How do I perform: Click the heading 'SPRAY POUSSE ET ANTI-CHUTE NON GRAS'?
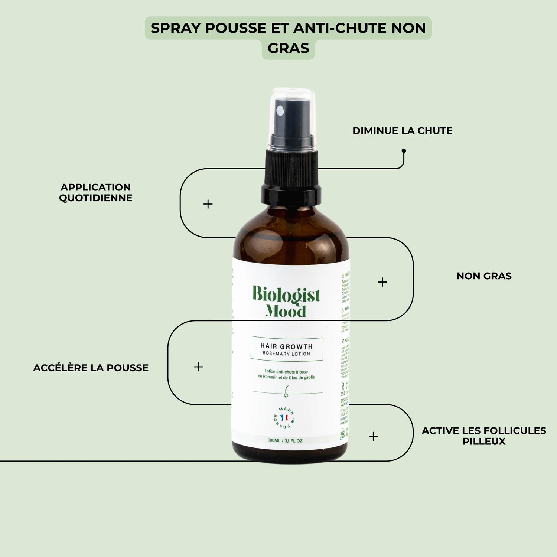[288, 38]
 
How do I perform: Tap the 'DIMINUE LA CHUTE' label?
[402, 131]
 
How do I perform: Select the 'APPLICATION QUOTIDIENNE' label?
[96, 192]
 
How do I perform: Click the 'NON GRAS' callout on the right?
[484, 276]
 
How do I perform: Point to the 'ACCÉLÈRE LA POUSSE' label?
[91, 368]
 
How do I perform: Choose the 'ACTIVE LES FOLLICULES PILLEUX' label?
[484, 436]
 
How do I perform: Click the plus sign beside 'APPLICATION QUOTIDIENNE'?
[208, 204]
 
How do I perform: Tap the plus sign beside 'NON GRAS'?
[382, 282]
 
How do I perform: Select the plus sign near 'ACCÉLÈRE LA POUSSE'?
[199, 367]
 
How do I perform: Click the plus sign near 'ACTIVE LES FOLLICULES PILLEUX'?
[373, 436]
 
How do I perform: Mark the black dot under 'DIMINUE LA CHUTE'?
[404, 151]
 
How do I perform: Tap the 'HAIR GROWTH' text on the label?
[286, 346]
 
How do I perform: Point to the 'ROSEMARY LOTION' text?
[286, 354]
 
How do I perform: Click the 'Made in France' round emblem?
[284, 417]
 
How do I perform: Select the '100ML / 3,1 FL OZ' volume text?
[285, 441]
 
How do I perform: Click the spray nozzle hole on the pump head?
[281, 110]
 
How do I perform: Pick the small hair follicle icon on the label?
[286, 391]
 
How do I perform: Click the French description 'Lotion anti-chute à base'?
[286, 371]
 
